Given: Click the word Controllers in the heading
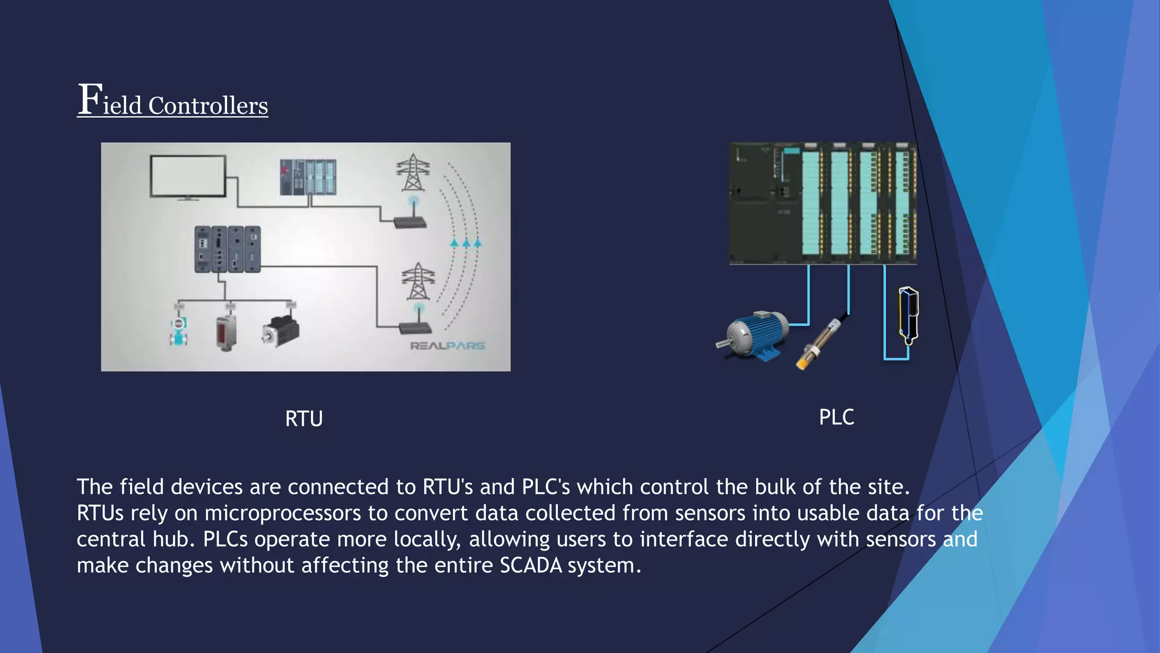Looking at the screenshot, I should coord(207,106).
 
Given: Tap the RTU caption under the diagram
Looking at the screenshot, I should coord(304,419).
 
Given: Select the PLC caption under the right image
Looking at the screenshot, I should coord(836,417).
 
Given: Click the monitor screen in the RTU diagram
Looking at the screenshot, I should coord(187,176).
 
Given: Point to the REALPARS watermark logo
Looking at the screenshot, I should coord(447,346).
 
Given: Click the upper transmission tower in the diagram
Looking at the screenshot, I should coord(413,173).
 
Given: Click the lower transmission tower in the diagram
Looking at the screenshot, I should coord(418,282).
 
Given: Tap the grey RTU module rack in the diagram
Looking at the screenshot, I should coord(227,249).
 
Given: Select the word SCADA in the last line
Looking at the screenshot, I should coord(531,565).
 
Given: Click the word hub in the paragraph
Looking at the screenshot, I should coord(170,539).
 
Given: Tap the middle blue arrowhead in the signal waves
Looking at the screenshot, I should coord(466,243).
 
